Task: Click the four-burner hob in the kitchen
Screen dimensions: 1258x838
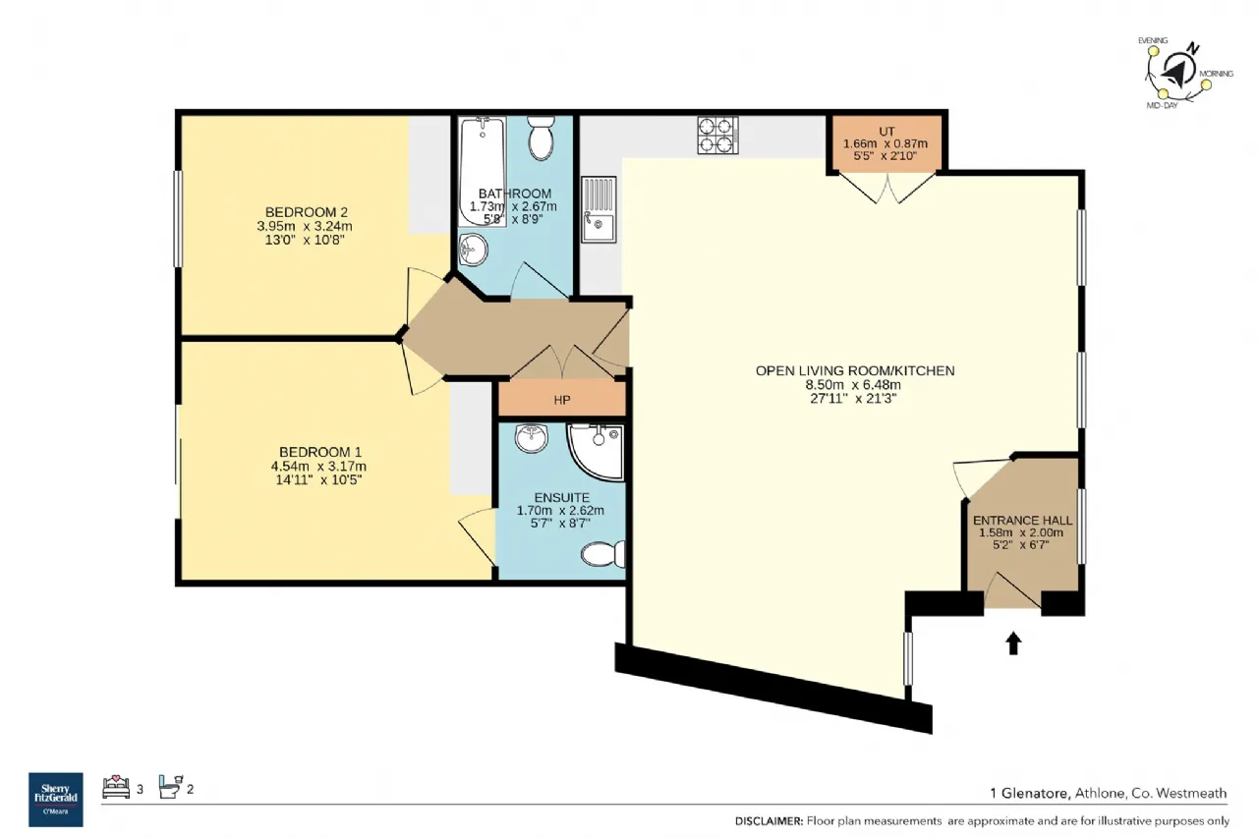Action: coord(717,136)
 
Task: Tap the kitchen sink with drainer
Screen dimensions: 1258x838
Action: coord(599,209)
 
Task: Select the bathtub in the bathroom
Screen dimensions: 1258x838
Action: coord(483,172)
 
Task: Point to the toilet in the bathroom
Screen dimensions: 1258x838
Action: coord(541,139)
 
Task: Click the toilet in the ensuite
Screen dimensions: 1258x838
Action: coord(602,554)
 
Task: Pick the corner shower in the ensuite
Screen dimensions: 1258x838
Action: coord(597,452)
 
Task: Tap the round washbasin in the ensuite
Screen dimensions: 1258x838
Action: coord(532,438)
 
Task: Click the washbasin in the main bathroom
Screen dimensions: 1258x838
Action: coord(474,250)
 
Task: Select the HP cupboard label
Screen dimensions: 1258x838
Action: coord(562,400)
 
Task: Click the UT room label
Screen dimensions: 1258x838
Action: coord(886,132)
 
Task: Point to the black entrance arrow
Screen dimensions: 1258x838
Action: coord(1013,643)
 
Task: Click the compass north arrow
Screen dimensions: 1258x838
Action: coord(1176,72)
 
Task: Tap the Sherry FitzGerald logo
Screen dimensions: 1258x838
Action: coord(56,800)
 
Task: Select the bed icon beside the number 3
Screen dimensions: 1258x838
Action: coord(116,787)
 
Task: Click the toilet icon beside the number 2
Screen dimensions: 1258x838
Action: coord(171,786)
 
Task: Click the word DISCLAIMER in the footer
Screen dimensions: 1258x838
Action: coord(769,821)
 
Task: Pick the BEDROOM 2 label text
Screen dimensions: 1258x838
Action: coord(306,212)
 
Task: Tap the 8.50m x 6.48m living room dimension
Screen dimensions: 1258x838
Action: coord(853,385)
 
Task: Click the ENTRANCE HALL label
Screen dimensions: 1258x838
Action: coord(1023,521)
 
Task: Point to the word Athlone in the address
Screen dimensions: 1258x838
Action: coord(1100,793)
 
